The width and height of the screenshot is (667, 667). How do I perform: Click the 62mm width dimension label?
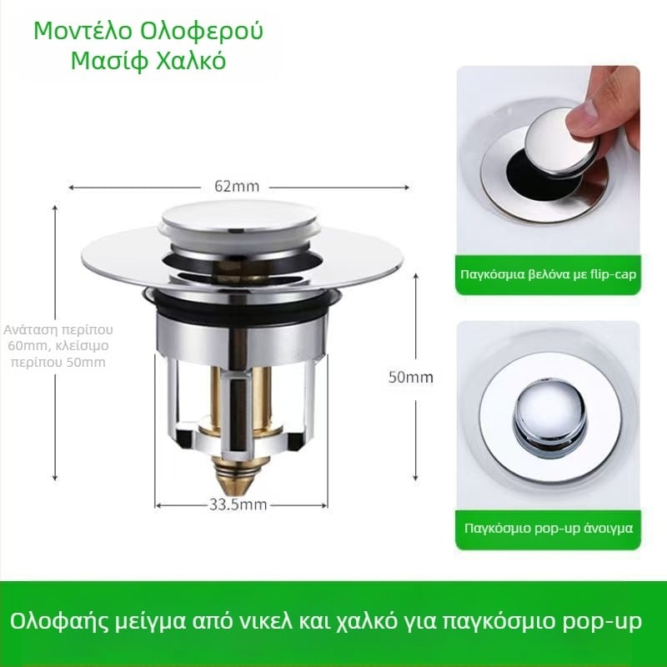[237, 186]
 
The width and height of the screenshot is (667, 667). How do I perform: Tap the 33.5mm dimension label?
[238, 505]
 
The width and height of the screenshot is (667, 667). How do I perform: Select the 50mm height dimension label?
[410, 378]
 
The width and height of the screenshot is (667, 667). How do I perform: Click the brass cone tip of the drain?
[238, 477]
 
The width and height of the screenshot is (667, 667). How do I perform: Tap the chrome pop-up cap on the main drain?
[239, 218]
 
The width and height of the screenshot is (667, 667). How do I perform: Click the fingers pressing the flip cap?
[608, 107]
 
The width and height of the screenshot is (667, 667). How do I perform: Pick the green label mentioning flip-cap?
[548, 274]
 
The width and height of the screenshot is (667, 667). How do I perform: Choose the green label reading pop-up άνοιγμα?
[548, 529]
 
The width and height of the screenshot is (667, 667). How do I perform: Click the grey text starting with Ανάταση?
[58, 346]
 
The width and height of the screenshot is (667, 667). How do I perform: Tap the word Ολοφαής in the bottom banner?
[58, 621]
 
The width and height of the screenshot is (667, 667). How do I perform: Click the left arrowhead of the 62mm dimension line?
[71, 187]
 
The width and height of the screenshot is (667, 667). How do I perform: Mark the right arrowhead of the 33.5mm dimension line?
[324, 505]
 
